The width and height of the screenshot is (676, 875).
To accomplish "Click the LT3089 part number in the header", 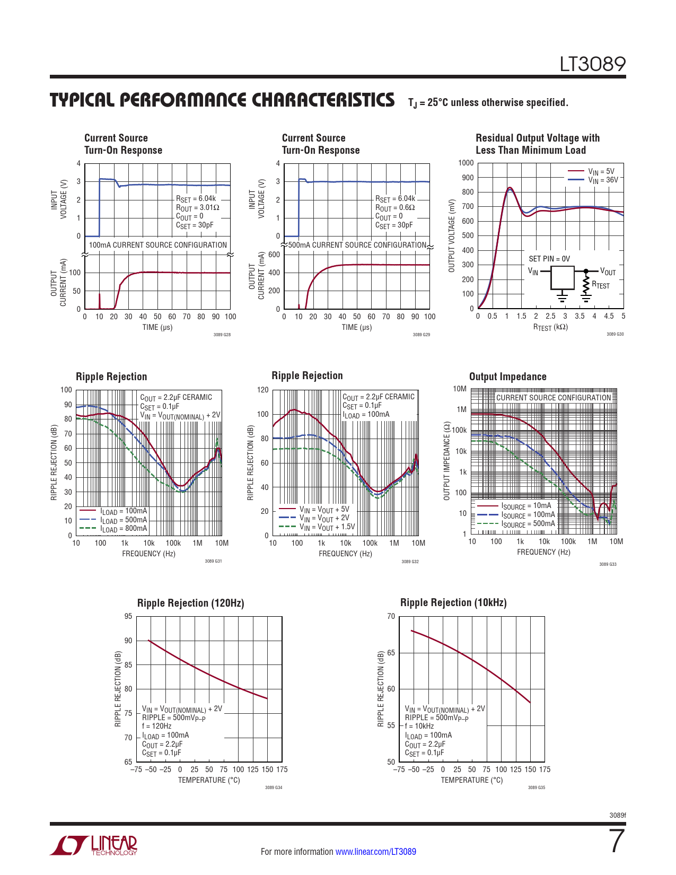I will pos(593,64).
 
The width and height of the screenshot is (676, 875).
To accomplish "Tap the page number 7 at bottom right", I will pos(617,842).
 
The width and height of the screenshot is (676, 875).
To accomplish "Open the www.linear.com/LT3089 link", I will pos(375,852).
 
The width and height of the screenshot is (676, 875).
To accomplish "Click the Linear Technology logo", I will pos(93,845).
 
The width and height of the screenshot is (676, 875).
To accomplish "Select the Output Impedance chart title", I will pos(507,377).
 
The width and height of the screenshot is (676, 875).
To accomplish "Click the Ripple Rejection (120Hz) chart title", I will pos(190,603).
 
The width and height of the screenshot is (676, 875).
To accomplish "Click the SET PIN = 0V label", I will pos(549,259).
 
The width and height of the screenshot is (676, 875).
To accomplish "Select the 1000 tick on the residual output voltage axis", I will pos(466,163).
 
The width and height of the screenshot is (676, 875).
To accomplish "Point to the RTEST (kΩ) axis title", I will pos(550,327).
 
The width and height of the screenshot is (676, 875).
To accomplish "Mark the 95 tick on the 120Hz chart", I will pos(128,616).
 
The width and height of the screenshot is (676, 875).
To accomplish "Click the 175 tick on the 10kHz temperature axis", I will pos(545,769).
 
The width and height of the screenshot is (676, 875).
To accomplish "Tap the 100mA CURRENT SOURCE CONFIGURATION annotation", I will pos(158,245).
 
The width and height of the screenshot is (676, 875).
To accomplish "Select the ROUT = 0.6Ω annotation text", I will pos(395,208).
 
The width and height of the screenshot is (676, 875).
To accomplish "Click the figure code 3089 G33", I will pos(608,564).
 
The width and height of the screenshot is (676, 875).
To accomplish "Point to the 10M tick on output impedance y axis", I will pos(460,389).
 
